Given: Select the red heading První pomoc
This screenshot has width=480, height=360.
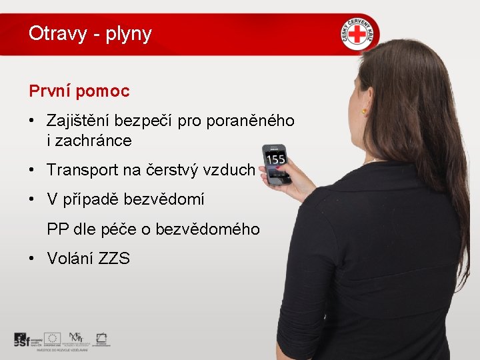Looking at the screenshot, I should (x=79, y=91).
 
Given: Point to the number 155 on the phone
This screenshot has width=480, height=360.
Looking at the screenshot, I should (x=276, y=160).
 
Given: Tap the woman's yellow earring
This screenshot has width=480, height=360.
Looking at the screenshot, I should (x=365, y=112).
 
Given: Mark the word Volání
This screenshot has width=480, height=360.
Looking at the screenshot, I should (x=69, y=259).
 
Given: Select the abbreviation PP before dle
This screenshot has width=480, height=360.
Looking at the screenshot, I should (x=58, y=229).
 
